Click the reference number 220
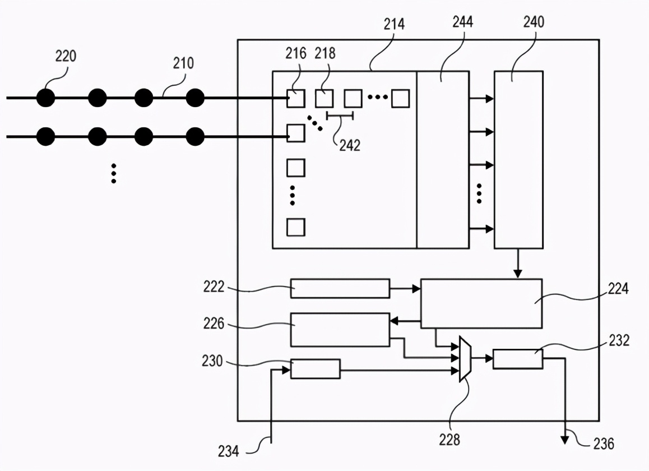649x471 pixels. (66, 56)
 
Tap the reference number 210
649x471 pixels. (183, 63)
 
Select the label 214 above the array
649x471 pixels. (395, 24)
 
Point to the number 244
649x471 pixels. (462, 22)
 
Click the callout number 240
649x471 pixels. (533, 22)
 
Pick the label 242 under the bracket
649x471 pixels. (349, 145)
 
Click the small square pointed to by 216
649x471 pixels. (296, 99)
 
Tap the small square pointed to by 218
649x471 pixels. (324, 99)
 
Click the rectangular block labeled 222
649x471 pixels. (340, 288)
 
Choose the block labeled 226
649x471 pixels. (340, 330)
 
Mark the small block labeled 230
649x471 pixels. (315, 369)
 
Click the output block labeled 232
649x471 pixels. (517, 359)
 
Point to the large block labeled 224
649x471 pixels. (481, 303)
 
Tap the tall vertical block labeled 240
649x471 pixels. (518, 160)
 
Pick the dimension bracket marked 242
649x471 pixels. (340, 116)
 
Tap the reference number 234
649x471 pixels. (229, 450)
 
